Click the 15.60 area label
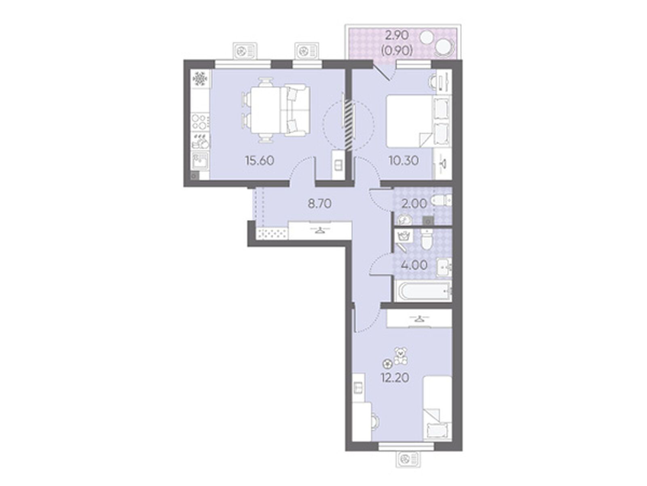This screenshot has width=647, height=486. (x=259, y=161)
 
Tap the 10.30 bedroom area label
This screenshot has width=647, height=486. (x=404, y=161)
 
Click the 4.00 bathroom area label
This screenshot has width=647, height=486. (x=414, y=265)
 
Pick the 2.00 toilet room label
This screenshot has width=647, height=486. (x=414, y=204)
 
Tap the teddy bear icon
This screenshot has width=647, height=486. (x=400, y=356)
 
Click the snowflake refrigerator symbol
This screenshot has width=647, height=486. (x=200, y=79)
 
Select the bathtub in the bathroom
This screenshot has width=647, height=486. (x=423, y=291)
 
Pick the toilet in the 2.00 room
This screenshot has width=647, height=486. (x=441, y=201)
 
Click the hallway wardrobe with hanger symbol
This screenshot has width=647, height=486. (x=320, y=230)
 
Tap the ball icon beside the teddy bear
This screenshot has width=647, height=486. (x=387, y=362)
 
